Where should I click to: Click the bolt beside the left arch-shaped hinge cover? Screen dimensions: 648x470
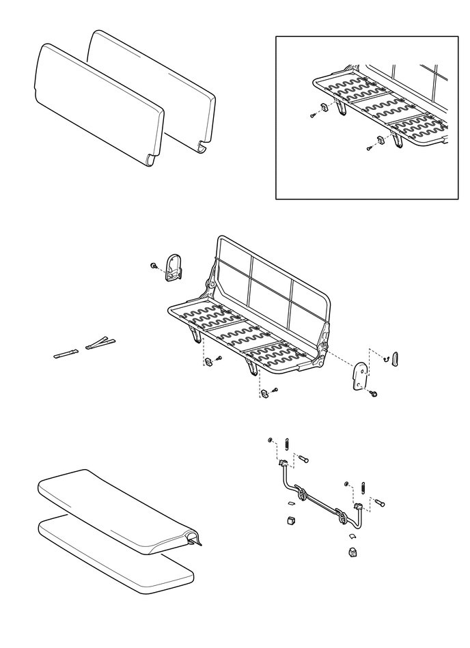pos(154,265)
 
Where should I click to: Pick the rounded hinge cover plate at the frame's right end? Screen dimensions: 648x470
pos(359,376)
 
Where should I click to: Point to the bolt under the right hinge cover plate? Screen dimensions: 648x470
pos(374,395)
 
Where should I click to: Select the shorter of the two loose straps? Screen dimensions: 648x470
pos(67,354)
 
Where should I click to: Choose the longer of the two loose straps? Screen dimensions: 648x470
pos(100,343)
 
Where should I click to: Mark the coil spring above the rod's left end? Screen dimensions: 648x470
pos(287,442)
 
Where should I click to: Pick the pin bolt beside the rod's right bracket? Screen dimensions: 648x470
pos(380,503)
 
